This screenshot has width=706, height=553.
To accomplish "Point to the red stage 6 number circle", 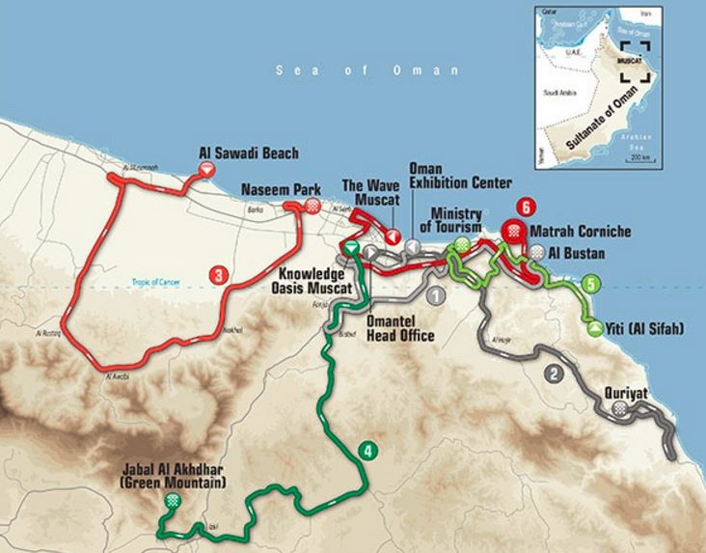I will [525, 206].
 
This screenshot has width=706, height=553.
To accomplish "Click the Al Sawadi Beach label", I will [249, 152].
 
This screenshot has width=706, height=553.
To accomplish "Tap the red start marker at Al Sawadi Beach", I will [205, 171].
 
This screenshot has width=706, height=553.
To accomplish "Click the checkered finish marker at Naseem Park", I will [312, 206].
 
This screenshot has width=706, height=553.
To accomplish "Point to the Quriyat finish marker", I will [631, 409].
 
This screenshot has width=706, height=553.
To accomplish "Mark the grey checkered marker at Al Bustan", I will [536, 251].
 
